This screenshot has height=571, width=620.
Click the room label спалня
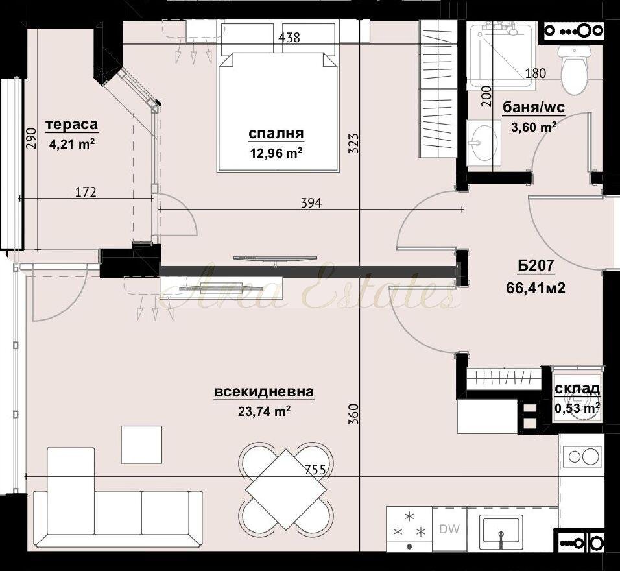point(276,134)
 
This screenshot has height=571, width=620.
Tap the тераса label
point(72,124)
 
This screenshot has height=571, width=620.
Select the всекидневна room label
point(264,392)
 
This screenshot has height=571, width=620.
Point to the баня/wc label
point(533,107)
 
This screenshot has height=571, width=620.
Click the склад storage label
point(577,389)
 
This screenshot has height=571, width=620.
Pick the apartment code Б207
point(536,265)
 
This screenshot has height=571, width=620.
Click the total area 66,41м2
point(536,287)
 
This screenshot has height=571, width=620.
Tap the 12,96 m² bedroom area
point(276,152)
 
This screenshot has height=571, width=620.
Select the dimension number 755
point(315,470)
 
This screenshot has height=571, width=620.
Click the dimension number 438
point(289,38)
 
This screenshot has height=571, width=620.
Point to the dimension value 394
point(311,203)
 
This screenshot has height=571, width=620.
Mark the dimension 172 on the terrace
point(86,192)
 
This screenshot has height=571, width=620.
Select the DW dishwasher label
point(449,529)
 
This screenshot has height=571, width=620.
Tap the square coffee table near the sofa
point(141,444)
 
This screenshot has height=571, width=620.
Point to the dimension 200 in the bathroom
point(487,96)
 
